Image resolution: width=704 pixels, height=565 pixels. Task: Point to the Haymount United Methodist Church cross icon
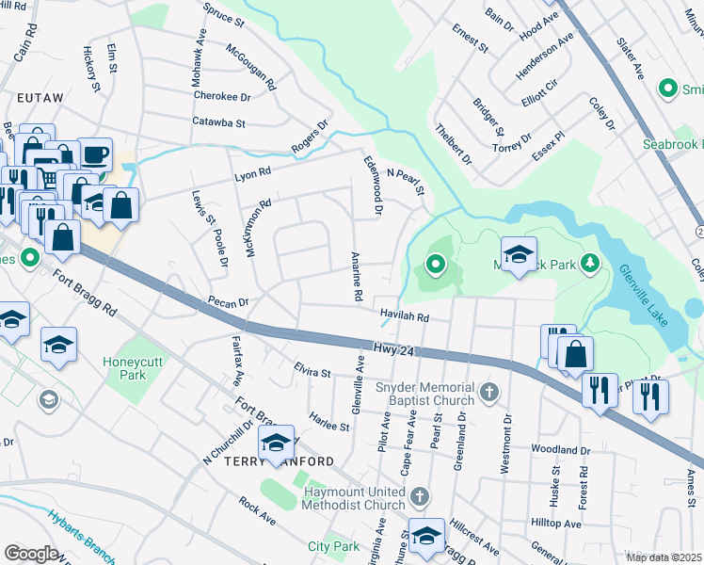pos(420,494)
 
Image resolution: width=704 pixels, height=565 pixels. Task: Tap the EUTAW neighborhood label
pos(39,97)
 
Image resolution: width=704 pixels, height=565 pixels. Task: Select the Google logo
pos(31,554)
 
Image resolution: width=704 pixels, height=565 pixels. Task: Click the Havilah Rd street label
pos(405,317)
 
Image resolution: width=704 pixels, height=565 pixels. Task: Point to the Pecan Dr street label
pos(228,303)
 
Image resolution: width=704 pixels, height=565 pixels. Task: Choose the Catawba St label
pos(218,122)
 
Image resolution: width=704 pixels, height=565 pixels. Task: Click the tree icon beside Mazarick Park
pos(589,261)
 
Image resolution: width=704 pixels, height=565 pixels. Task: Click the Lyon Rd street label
pos(252,172)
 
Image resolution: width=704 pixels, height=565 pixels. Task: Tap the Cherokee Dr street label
pos(222,96)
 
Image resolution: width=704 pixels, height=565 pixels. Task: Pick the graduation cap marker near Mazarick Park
pos(519,254)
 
